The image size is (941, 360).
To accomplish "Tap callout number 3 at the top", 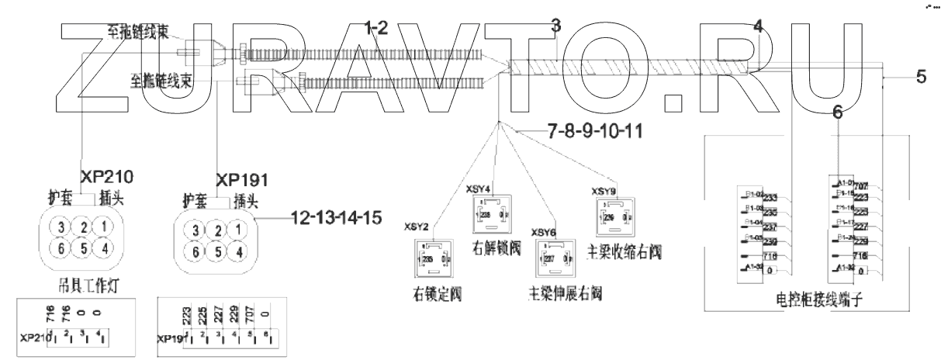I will pyautogui.click(x=555, y=26).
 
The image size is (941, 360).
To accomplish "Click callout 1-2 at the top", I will pyautogui.click(x=377, y=28).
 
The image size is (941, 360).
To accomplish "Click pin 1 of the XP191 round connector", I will pyautogui.click(x=242, y=230).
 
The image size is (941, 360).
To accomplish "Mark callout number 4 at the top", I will pyautogui.click(x=758, y=26).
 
